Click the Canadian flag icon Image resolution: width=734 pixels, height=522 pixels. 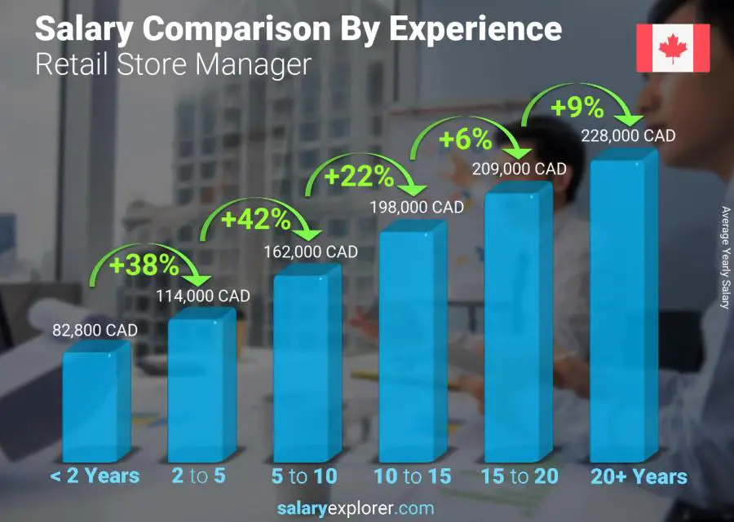pos(673,48)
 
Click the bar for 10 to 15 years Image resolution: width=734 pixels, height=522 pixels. pos(410,342)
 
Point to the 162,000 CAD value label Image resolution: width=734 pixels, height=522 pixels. pos(311,252)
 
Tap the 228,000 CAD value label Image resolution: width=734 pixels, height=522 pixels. pos(628,136)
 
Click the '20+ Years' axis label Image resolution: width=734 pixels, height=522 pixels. pos(639,476)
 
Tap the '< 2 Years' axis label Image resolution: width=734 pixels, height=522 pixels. pos(95,476)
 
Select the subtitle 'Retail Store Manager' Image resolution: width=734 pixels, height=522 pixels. pos(173,64)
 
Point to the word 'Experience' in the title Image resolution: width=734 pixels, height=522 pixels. pos(475,29)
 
